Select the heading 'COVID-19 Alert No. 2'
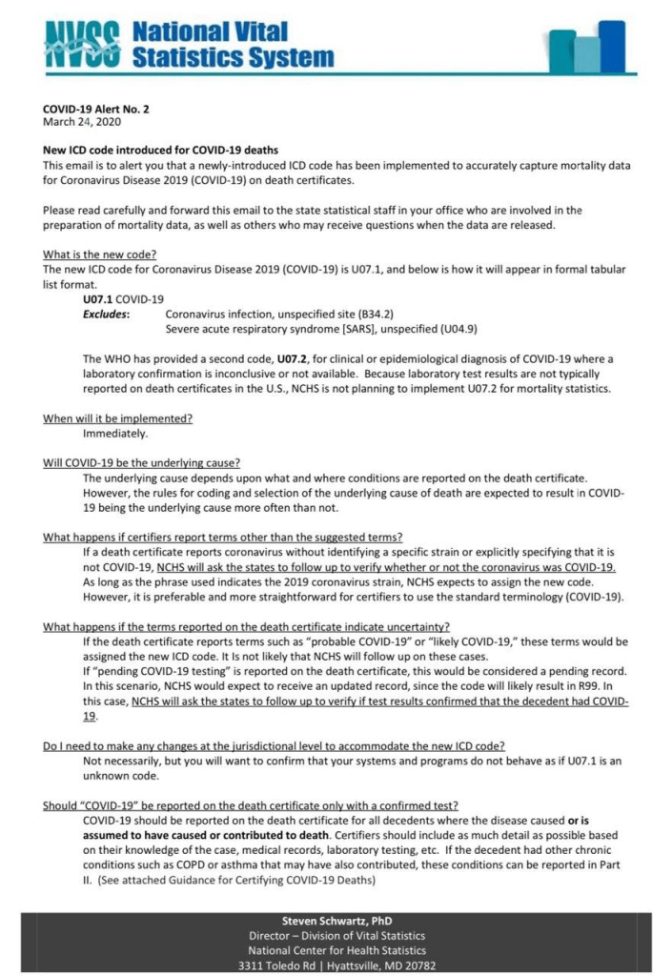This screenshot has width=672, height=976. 95,110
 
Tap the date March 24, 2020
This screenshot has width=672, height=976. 82,122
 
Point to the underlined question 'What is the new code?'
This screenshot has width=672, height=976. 100,254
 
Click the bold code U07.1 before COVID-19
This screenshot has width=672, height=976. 97,299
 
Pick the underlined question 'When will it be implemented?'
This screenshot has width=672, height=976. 118,418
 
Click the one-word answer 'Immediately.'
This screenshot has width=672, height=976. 115,434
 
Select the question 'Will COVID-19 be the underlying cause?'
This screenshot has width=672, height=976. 141,463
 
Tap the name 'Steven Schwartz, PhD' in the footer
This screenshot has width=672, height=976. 336,921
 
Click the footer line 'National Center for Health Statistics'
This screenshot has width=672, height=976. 336,950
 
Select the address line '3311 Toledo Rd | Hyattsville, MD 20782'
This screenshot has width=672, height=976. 336,966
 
